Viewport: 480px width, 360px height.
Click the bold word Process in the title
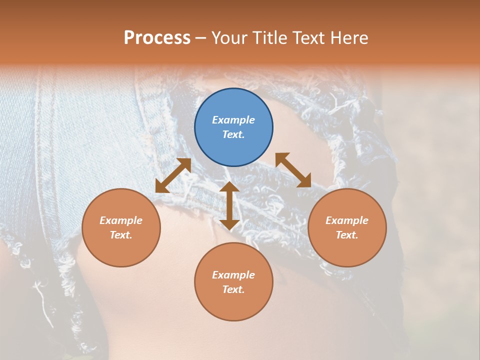tap(157, 38)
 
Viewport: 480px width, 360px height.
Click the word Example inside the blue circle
tap(233, 120)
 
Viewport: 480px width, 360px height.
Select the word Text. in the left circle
tap(121, 235)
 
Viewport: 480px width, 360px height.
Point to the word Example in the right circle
tap(347, 220)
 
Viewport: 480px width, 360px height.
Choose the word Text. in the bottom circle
tap(233, 289)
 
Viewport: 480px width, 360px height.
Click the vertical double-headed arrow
tap(229, 206)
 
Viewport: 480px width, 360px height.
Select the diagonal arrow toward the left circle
tap(173, 175)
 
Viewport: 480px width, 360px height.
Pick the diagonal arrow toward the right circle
tap(293, 170)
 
